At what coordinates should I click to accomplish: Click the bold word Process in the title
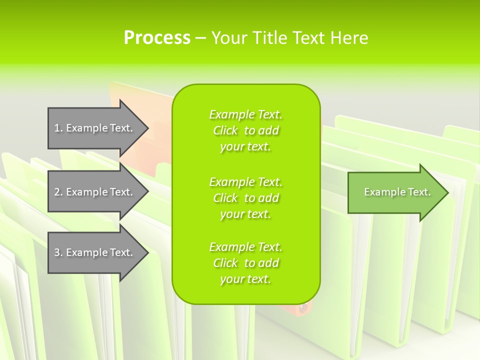click(x=157, y=38)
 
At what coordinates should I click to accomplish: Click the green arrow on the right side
click(x=395, y=192)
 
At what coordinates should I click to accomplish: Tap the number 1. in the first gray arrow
click(x=58, y=128)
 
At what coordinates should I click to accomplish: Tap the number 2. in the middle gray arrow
click(x=58, y=192)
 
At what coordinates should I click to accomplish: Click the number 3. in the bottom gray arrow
click(x=58, y=252)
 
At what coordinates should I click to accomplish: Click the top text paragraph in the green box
click(x=245, y=130)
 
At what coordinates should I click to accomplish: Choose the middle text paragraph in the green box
click(x=245, y=198)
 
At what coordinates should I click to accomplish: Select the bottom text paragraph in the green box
click(x=245, y=263)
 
